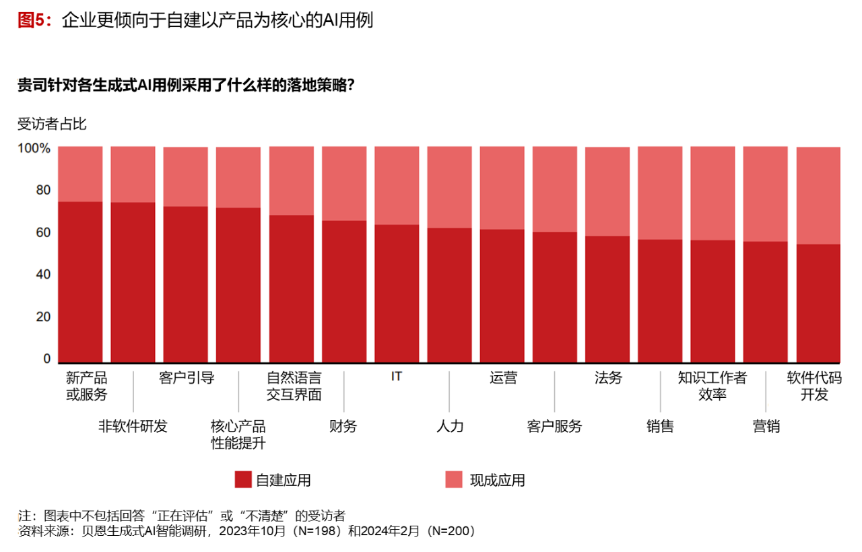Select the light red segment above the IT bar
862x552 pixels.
[x=397, y=185]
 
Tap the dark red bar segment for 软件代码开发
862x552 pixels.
[x=818, y=303]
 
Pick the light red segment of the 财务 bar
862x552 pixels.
[x=344, y=183]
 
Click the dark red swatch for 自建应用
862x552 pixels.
[x=243, y=480]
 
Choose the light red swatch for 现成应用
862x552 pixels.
[x=454, y=480]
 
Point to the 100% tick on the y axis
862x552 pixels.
[x=34, y=148]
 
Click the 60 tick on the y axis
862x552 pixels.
[x=43, y=232]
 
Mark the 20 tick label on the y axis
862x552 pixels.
[x=43, y=316]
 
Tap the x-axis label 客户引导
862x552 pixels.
[x=187, y=378]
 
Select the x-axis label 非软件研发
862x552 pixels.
[x=133, y=426]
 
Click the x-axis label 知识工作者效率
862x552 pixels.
[x=712, y=386]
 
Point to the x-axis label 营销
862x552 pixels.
[x=766, y=426]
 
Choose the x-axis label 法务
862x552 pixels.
[x=608, y=378]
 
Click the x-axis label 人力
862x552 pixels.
[x=450, y=426]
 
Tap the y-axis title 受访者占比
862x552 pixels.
[x=52, y=124]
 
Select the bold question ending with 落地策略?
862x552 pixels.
[x=186, y=86]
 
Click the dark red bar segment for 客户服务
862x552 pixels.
[x=555, y=296]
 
